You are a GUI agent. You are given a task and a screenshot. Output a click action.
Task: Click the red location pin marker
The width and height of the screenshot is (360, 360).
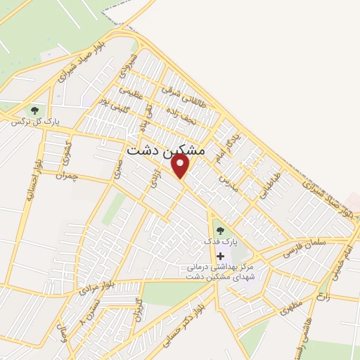[x=181, y=166]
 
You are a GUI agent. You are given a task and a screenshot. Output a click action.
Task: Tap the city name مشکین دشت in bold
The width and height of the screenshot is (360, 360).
[x=166, y=150]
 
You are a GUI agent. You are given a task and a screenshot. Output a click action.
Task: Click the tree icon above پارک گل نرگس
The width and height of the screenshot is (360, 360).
[x=32, y=110]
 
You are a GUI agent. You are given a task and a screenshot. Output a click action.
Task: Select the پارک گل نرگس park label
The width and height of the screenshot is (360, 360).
[x=34, y=122]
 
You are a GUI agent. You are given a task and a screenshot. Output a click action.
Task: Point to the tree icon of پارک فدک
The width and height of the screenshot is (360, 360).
[x=219, y=230]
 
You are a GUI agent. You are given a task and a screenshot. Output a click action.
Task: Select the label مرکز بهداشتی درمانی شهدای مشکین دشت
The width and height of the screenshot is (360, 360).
[x=221, y=271]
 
